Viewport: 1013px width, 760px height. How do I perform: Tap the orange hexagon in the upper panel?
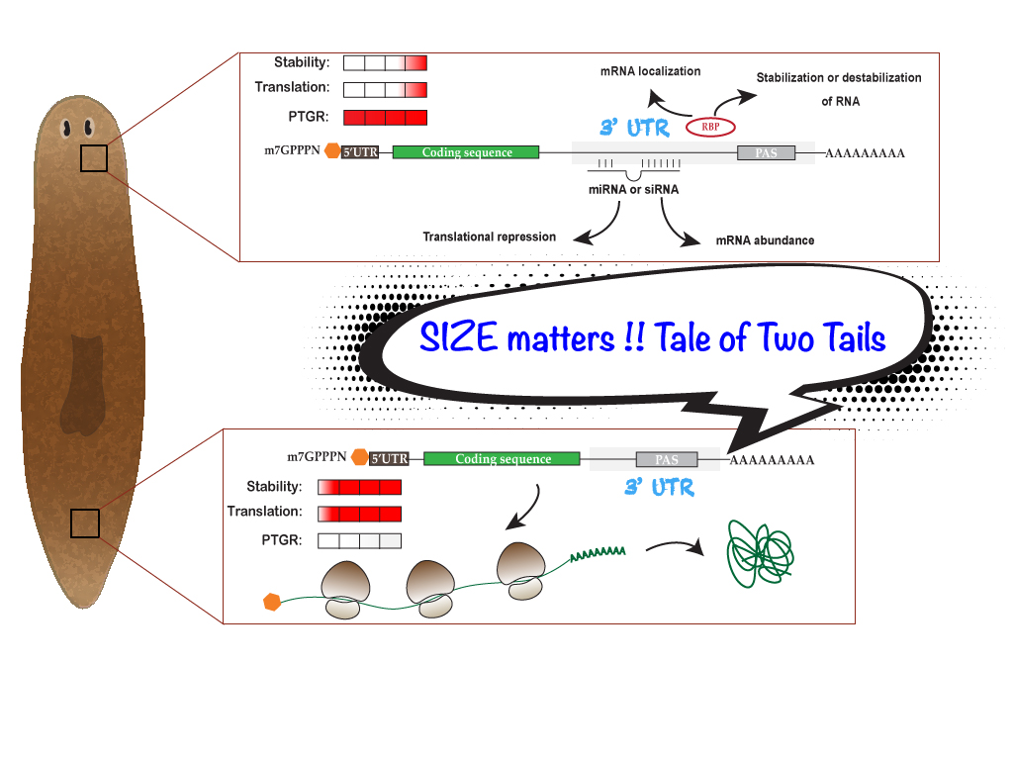coord(332,152)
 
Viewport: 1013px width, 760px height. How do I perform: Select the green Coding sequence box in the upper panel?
coord(466,152)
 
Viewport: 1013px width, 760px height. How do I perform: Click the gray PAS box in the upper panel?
coord(766,153)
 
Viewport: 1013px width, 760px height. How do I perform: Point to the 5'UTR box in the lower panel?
coord(389,458)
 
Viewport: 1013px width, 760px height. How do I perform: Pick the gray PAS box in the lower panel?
coord(667,459)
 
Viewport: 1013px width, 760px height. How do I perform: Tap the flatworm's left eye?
coord(67,128)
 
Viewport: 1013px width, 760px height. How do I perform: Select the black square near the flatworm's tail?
coord(85,523)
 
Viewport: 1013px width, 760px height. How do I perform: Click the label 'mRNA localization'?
coord(650,71)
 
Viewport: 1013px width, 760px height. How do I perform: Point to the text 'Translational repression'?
coord(489,237)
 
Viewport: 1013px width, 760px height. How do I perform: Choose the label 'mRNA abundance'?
coord(765,240)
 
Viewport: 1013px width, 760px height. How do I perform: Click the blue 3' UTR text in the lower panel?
coord(659,487)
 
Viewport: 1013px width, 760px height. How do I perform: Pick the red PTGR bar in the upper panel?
coord(385,118)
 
